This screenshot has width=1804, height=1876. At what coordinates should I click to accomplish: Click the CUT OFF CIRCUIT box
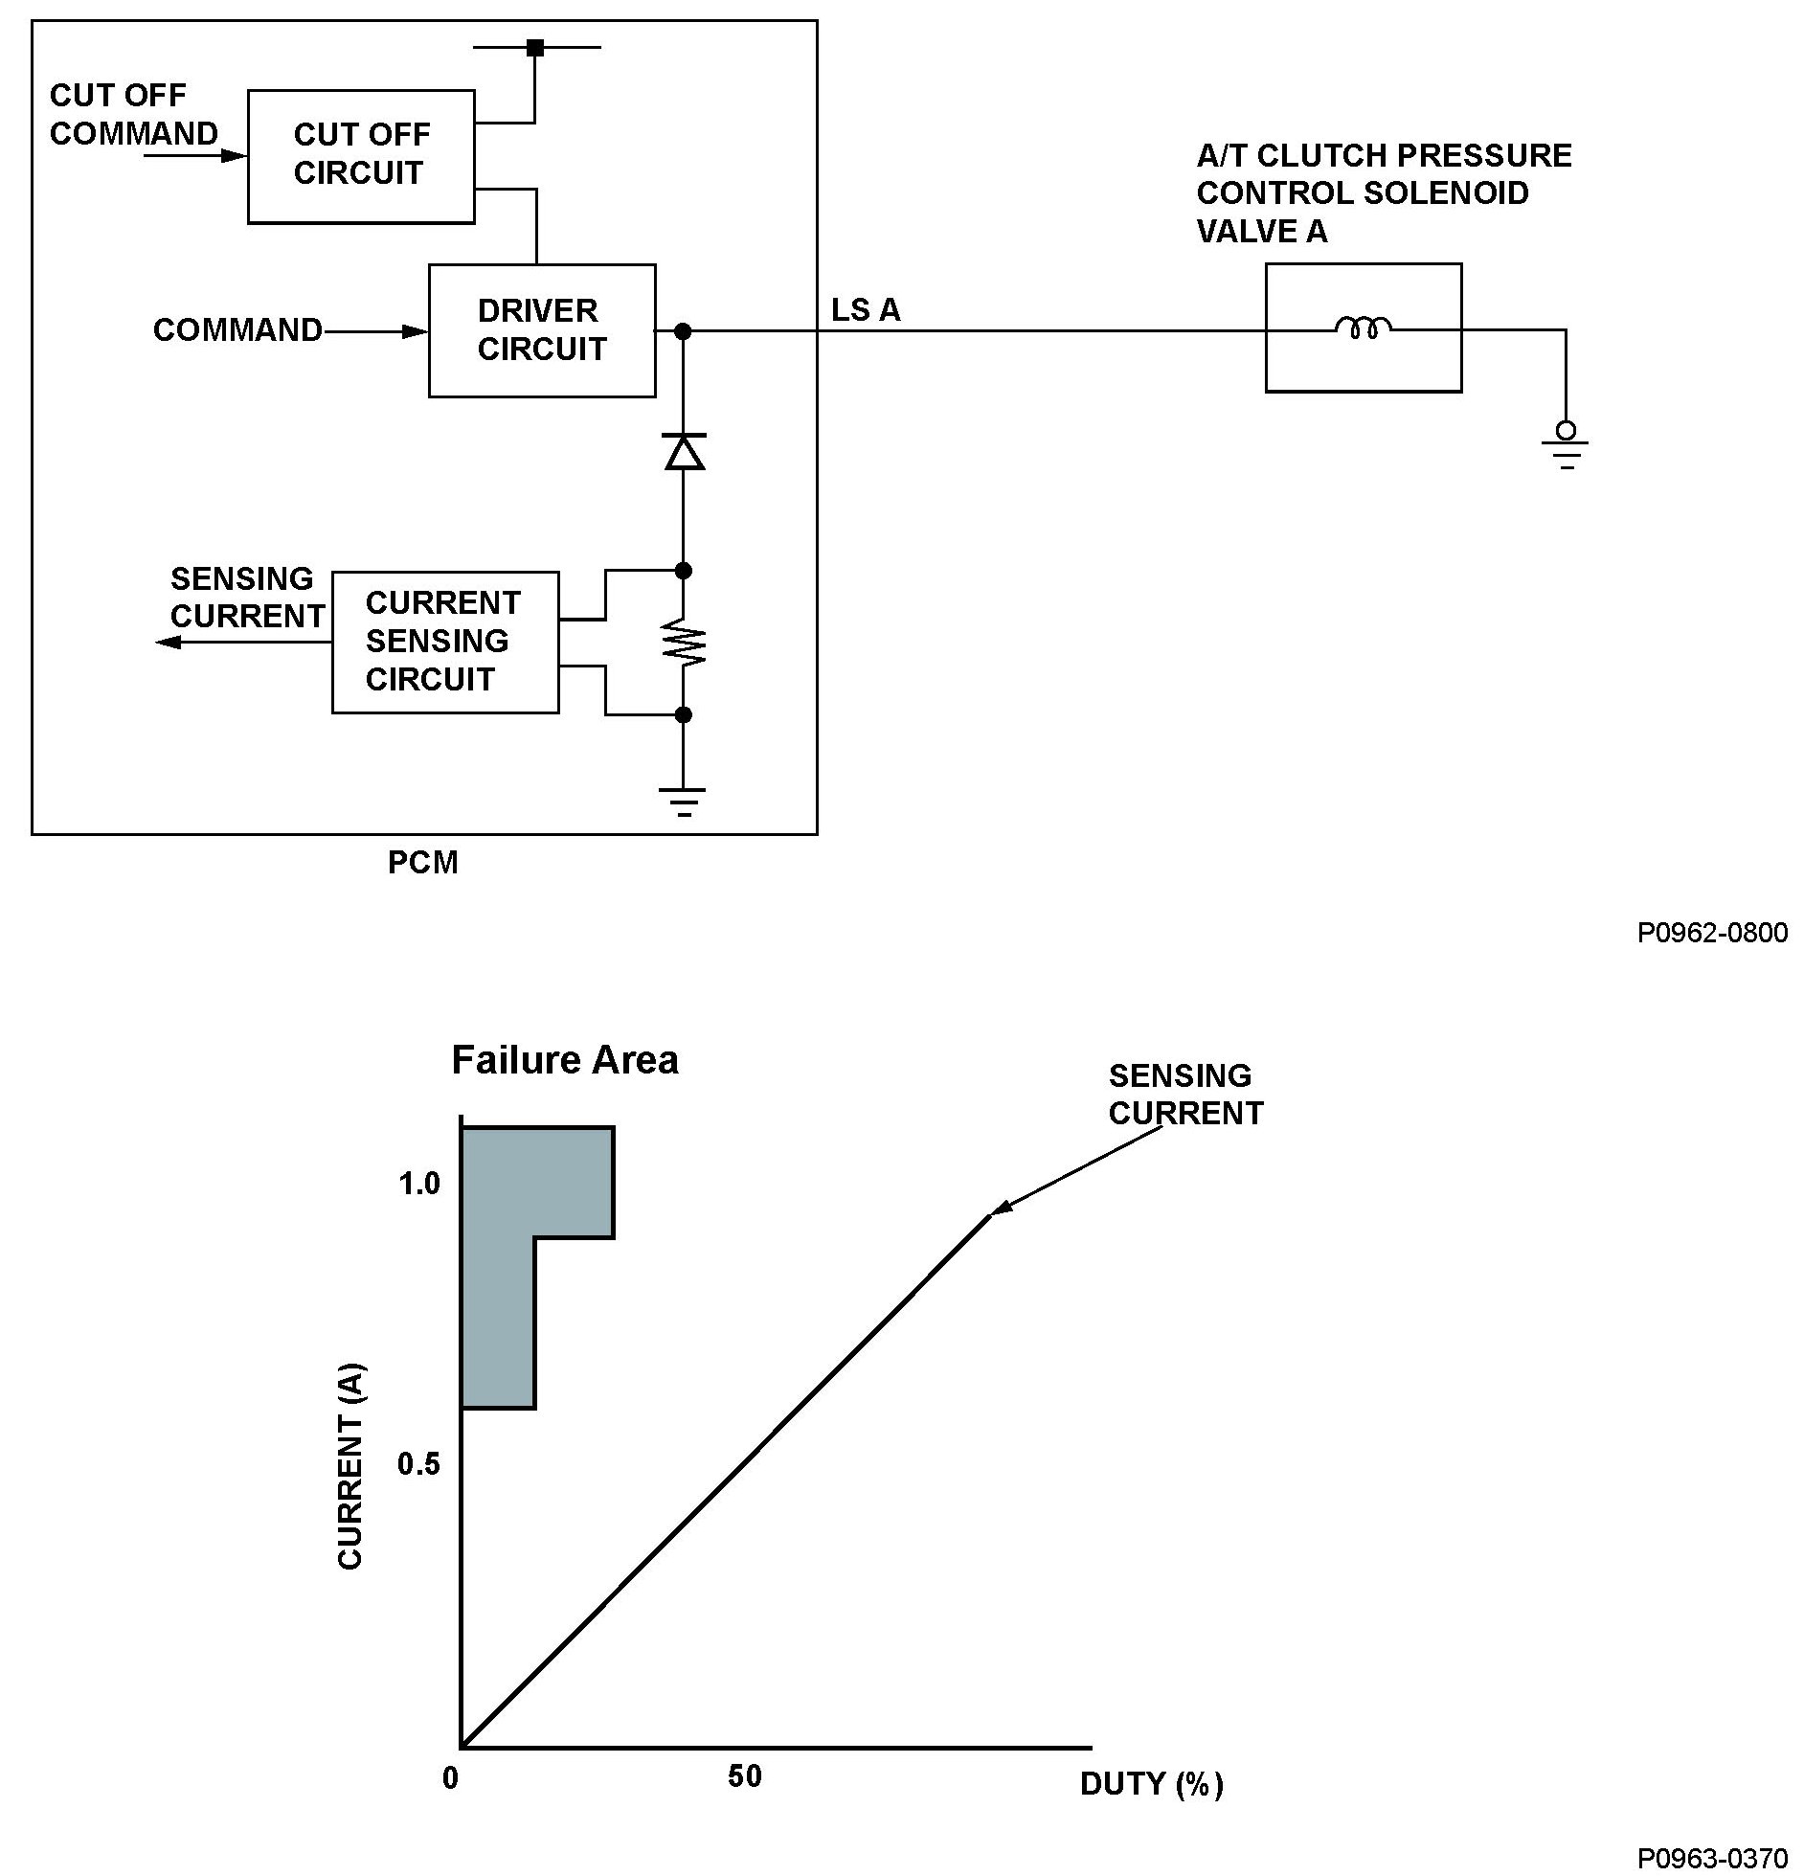point(360,156)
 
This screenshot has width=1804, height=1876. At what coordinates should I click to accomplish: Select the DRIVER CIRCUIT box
point(541,330)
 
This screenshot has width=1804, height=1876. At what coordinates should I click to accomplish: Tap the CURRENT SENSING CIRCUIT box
point(444,642)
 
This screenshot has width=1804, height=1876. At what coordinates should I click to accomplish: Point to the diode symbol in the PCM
point(684,452)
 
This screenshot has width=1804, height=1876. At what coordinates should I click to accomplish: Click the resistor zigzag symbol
point(684,643)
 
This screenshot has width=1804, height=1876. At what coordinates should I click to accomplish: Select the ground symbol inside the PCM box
point(683,800)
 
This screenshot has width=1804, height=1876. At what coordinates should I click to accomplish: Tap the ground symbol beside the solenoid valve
point(1565,446)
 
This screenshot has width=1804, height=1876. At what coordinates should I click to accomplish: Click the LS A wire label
point(866,310)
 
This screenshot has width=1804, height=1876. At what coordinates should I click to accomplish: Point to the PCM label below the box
point(422,863)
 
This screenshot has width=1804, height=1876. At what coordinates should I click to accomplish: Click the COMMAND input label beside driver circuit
point(237,330)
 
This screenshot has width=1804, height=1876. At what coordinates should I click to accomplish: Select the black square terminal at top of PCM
point(535,47)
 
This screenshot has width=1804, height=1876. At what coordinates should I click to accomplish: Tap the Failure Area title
point(565,1060)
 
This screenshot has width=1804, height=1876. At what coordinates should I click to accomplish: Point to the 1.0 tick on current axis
point(418,1184)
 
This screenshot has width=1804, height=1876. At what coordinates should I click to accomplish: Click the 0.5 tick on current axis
point(418,1463)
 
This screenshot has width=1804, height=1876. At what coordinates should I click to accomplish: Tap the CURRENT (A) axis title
point(350,1465)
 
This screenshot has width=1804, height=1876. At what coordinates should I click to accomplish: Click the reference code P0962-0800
point(1712,933)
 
